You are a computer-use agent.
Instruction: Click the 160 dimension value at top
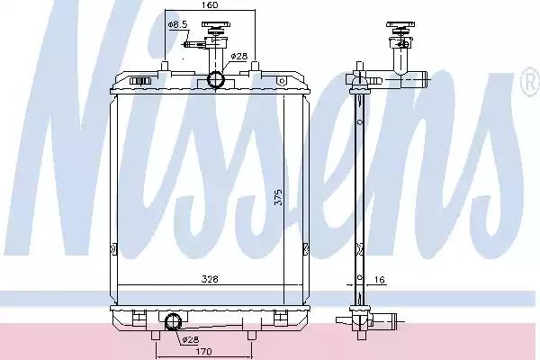(210, 4)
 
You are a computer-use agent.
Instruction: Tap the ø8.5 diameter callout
(177, 24)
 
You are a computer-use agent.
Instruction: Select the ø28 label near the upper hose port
(239, 56)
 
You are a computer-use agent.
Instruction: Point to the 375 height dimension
(278, 197)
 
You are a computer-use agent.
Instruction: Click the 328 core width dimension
(210, 279)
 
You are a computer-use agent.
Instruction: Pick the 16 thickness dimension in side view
(379, 279)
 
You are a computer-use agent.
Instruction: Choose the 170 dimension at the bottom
(203, 352)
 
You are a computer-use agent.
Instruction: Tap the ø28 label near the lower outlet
(191, 340)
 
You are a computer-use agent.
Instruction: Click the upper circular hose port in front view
(216, 79)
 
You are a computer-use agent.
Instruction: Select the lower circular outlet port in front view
(172, 322)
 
